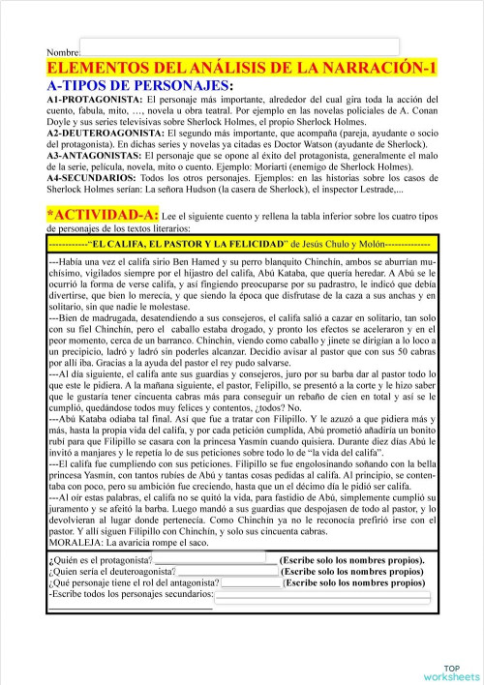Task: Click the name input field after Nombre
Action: (238, 47)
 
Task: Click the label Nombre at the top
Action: (62, 50)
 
